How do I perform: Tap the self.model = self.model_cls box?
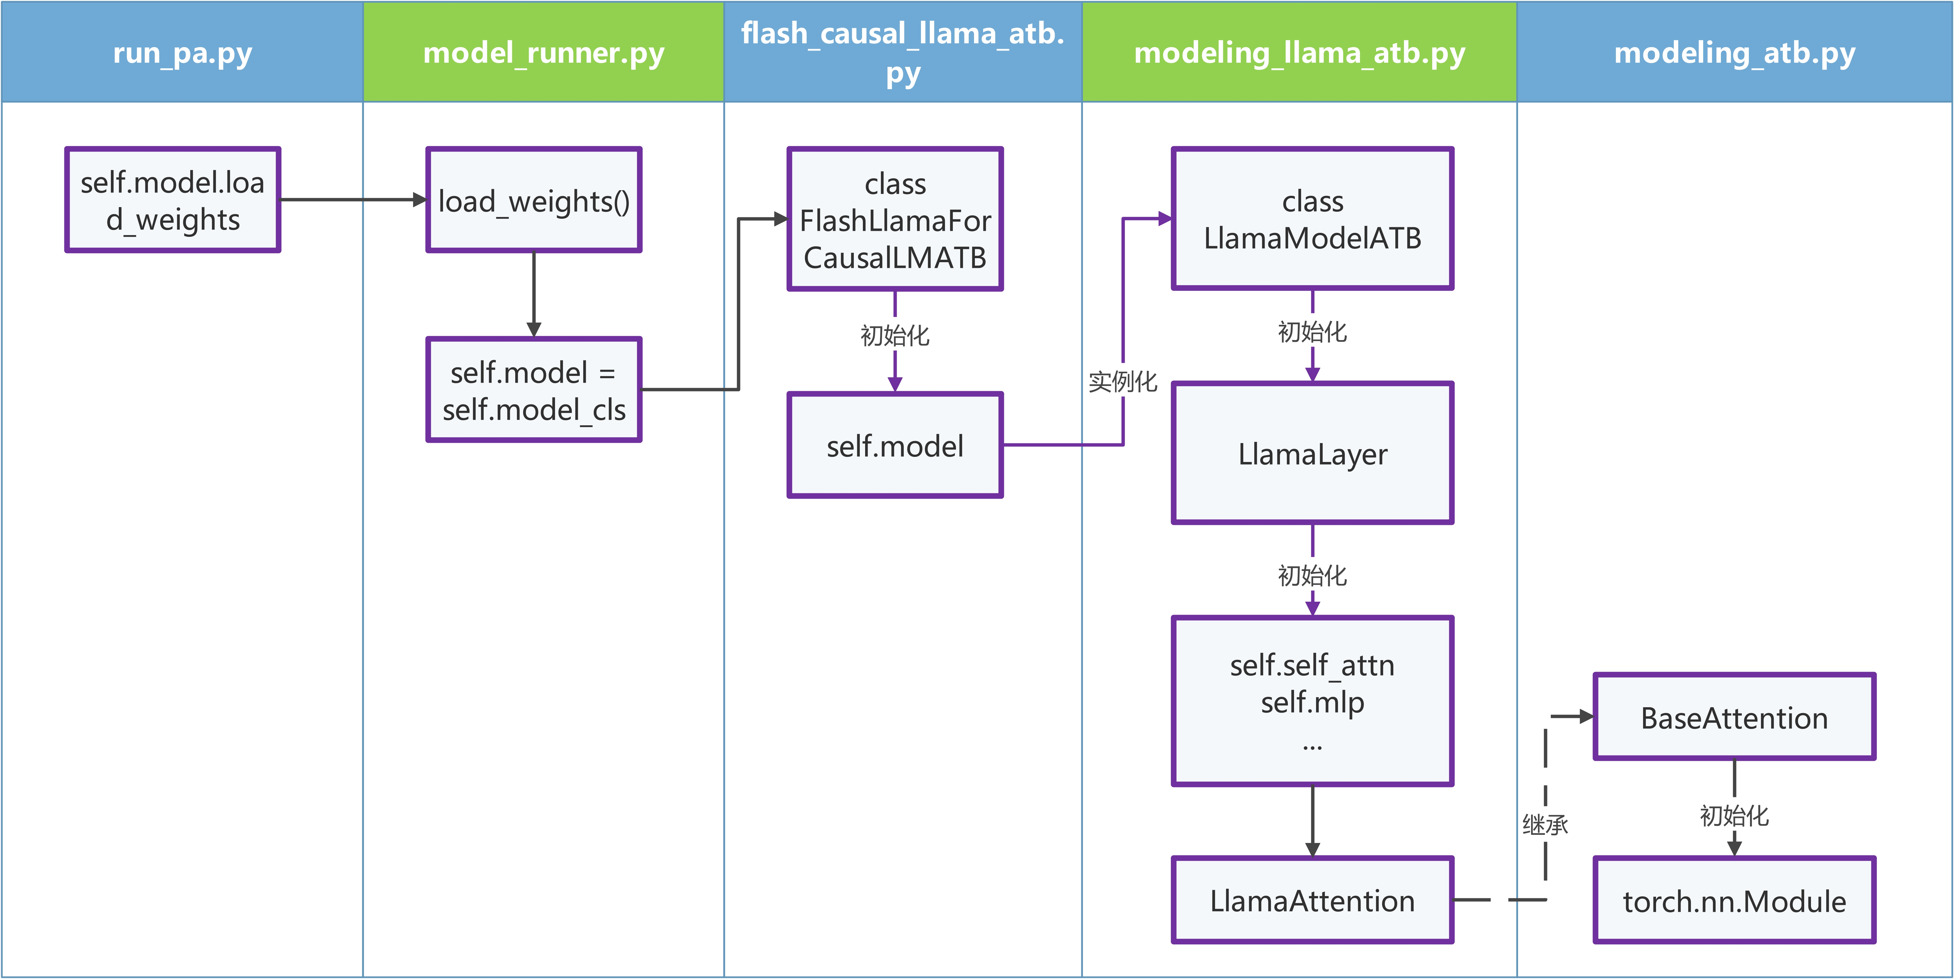tap(534, 390)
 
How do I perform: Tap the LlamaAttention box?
tap(1312, 900)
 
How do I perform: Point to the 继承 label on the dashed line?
tap(1545, 824)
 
